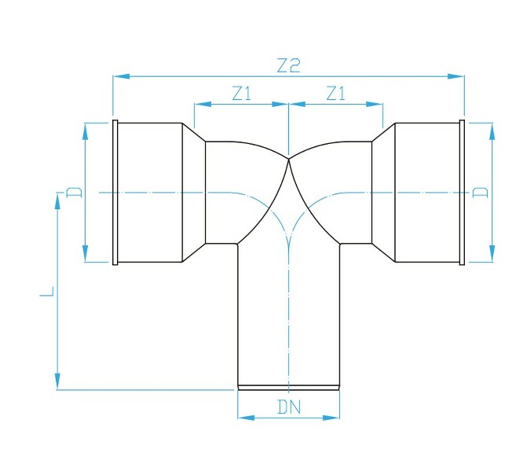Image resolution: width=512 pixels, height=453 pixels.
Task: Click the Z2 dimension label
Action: click(289, 66)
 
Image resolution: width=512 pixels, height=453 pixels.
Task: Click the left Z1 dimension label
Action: click(241, 94)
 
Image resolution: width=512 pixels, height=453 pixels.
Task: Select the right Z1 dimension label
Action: click(336, 94)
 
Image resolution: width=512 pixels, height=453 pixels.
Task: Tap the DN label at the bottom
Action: click(289, 407)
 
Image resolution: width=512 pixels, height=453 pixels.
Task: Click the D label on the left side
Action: click(73, 192)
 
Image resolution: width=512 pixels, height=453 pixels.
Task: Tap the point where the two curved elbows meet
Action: click(290, 160)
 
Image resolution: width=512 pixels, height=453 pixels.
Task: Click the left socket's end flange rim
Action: click(115, 192)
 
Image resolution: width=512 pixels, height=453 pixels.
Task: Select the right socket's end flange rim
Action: click(462, 192)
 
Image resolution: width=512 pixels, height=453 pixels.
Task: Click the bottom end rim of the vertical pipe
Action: click(289, 387)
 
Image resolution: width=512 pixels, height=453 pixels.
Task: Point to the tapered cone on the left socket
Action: click(194, 192)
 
